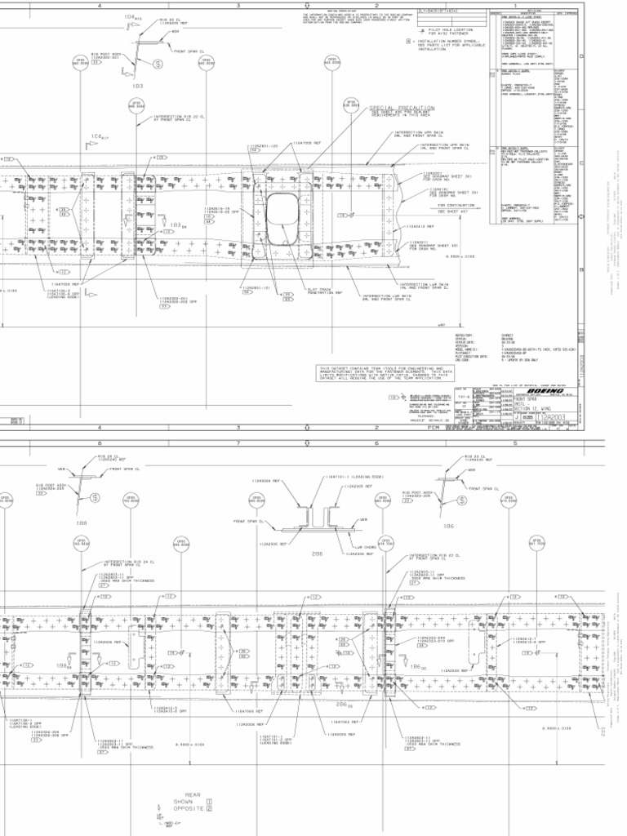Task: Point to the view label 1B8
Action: [82, 522]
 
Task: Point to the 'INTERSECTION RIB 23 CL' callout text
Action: [433, 557]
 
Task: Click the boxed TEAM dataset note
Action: [375, 374]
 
